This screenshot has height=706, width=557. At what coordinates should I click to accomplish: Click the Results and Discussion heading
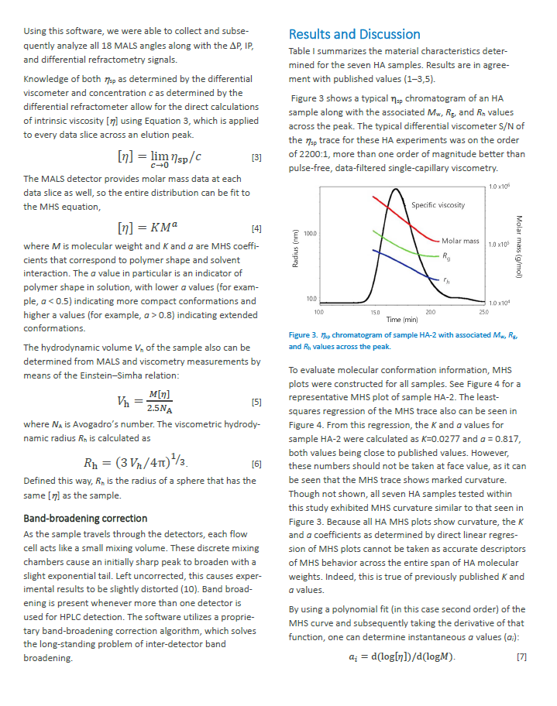coord(354,34)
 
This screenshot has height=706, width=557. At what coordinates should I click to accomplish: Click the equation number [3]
coord(256,158)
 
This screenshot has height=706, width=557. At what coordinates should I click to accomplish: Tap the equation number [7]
coord(521,657)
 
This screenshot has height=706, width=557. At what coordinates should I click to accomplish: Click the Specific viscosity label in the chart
coord(438,205)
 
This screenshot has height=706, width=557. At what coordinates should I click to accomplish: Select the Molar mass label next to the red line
coord(460,241)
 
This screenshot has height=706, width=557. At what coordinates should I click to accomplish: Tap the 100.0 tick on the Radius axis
coord(311,232)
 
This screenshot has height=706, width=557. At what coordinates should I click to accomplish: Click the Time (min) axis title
coord(402,318)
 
